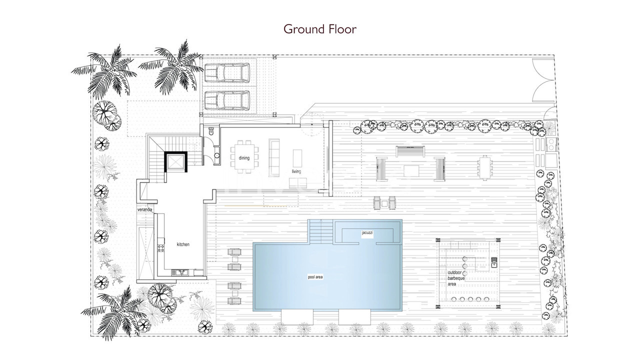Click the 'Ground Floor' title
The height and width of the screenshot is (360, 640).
pyautogui.click(x=320, y=29)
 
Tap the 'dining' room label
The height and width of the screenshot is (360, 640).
pyautogui.click(x=244, y=158)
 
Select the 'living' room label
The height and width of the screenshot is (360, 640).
pyautogui.click(x=296, y=171)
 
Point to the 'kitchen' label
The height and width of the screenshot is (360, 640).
pyautogui.click(x=183, y=244)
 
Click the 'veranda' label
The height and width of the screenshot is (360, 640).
pyautogui.click(x=144, y=209)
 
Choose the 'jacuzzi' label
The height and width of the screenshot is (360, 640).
pyautogui.click(x=367, y=233)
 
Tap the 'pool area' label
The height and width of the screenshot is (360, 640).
pyautogui.click(x=315, y=277)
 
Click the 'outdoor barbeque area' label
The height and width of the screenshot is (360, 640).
pyautogui.click(x=456, y=278)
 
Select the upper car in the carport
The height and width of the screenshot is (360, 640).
pyautogui.click(x=227, y=73)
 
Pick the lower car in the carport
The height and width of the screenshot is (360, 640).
pyautogui.click(x=227, y=100)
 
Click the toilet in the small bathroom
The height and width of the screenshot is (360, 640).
pyautogui.click(x=211, y=131)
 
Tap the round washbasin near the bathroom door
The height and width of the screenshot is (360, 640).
pyautogui.click(x=217, y=155)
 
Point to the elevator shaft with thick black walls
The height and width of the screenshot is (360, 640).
pyautogui.click(x=176, y=161)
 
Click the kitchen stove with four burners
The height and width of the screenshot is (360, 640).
pyautogui.click(x=161, y=248)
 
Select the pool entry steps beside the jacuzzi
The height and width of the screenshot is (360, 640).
pyautogui.click(x=321, y=231)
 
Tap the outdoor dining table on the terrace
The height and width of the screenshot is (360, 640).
pyautogui.click(x=485, y=167)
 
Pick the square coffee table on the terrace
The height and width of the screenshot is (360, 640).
pyautogui.click(x=411, y=171)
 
